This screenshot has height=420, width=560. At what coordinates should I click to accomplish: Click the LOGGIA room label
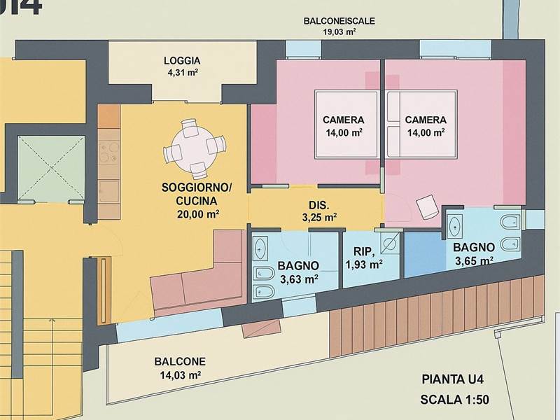tap(182, 61)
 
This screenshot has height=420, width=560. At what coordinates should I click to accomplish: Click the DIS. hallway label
tap(319, 205)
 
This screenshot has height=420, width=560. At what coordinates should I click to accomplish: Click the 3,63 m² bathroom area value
tap(300, 279)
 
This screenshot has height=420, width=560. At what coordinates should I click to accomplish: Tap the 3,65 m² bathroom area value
tap(475, 260)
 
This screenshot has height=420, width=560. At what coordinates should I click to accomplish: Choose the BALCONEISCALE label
tap(339, 21)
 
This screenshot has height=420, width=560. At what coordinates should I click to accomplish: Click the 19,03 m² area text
tap(339, 31)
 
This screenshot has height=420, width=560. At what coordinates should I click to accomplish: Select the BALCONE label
tap(180, 361)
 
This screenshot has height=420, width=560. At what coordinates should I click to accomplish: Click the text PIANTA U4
tap(452, 379)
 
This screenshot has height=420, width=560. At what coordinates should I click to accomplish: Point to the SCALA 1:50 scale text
tap(454, 400)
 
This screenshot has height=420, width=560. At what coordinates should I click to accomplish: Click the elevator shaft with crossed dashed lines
tap(51, 168)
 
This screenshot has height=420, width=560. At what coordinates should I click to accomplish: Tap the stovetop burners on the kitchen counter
tap(109, 153)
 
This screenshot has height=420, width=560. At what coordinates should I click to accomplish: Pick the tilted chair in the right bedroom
tap(427, 206)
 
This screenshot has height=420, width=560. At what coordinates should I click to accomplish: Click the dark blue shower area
tap(426, 255)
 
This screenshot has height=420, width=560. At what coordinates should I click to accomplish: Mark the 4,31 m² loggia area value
tap(183, 73)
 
